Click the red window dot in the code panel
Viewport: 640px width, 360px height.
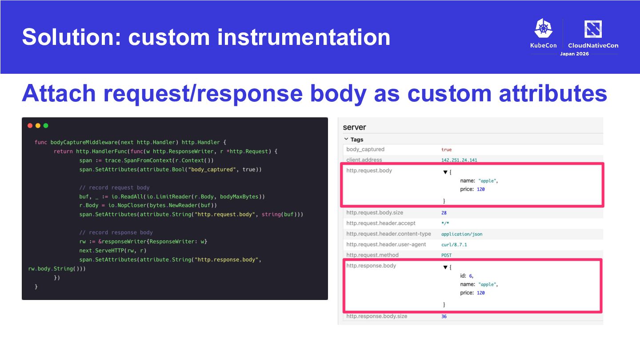[30, 126]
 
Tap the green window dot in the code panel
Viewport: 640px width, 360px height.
[46, 126]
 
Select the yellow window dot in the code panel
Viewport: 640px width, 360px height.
[38, 126]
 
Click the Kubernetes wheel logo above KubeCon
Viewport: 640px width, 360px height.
[544, 28]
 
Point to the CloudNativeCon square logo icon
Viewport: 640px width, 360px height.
[593, 29]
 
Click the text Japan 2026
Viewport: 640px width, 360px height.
[574, 54]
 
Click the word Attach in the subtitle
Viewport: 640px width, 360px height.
[59, 93]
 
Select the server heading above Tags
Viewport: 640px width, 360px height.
[354, 128]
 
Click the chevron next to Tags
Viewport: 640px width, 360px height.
[346, 139]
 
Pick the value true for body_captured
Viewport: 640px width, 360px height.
[446, 149]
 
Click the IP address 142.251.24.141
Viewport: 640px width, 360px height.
[459, 160]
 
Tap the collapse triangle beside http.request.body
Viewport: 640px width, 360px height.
[445, 172]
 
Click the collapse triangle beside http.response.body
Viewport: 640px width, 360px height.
[445, 268]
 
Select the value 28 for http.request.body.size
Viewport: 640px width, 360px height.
[444, 213]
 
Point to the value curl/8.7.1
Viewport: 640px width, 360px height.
[454, 244]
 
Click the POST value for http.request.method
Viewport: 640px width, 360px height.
[446, 255]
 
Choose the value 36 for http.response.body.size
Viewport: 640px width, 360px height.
[444, 316]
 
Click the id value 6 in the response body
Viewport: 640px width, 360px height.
[471, 276]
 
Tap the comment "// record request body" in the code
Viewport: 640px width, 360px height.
[114, 188]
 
